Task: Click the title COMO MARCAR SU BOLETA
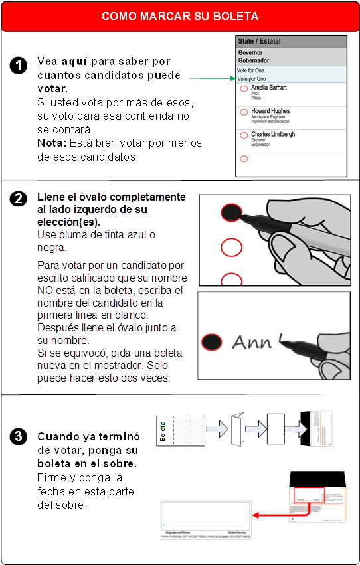coord(180,16)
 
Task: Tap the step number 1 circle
coord(19,65)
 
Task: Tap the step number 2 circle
coord(19,198)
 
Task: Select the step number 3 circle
coord(19,436)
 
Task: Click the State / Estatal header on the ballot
coord(260,41)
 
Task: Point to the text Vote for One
coord(250,70)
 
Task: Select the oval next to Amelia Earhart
coord(244,88)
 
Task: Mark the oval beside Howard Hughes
coord(244,112)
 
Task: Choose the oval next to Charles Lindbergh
coord(244,135)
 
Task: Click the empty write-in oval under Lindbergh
coord(244,159)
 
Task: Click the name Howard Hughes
coord(270,111)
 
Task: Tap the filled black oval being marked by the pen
coord(230,212)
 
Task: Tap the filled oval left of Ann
coord(212,341)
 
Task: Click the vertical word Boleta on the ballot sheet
coord(163,431)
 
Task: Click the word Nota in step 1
coord(50,143)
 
